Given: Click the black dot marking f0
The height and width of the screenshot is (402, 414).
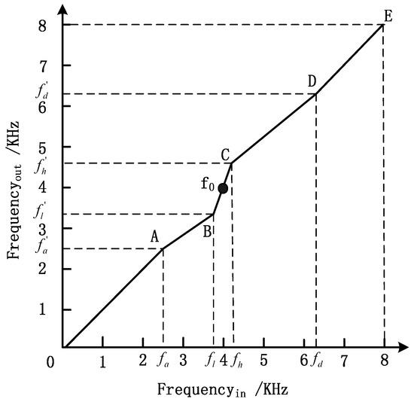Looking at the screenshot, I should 223,188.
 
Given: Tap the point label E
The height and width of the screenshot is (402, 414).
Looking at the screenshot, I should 387,15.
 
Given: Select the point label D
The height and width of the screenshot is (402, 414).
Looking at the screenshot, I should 312,81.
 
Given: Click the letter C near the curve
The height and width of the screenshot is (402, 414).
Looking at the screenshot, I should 225,154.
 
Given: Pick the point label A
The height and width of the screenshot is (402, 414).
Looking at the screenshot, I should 154,236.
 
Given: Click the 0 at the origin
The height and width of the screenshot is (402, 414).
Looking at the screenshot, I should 50,362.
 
